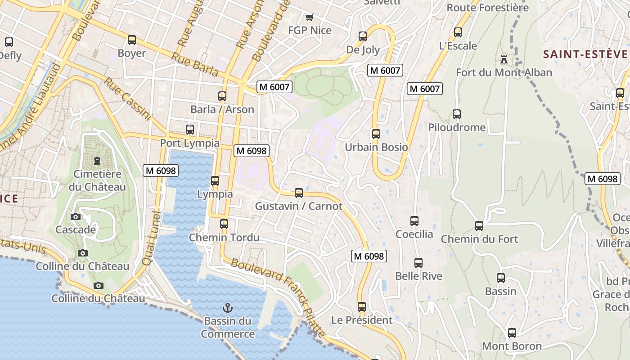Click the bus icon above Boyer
(132, 40)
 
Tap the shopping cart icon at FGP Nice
(309, 18)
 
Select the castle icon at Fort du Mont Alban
(504, 59)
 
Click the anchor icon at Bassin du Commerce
(228, 308)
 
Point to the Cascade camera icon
(76, 217)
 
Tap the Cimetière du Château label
(97, 180)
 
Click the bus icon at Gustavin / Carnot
(299, 193)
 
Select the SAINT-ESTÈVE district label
(585, 54)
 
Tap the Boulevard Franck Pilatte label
(278, 297)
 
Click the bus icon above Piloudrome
(457, 114)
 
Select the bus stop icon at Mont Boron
(512, 333)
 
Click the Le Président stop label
(362, 320)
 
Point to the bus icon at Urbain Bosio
(376, 134)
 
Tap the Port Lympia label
(190, 143)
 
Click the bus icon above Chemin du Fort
(479, 226)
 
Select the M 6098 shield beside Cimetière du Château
(161, 171)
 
